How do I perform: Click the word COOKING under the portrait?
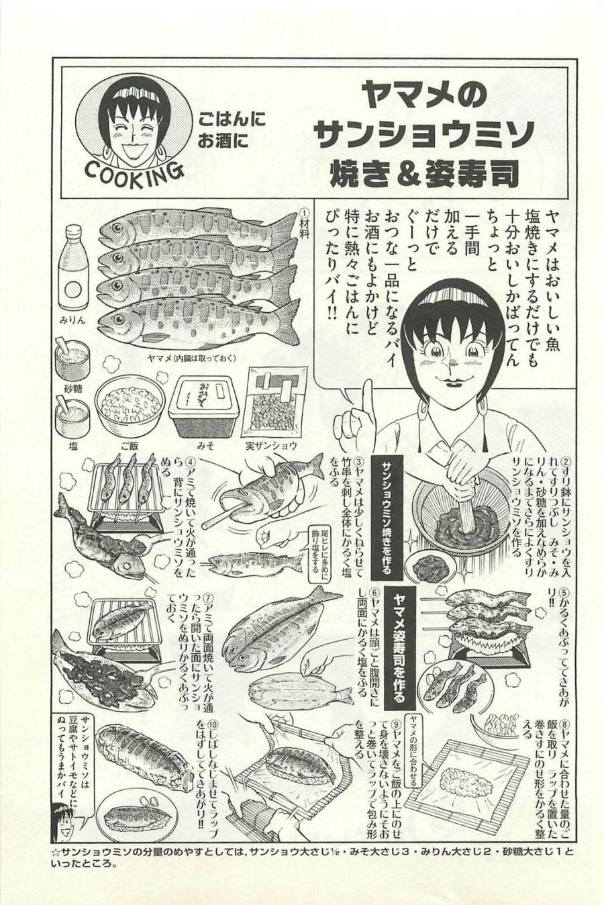[134, 174]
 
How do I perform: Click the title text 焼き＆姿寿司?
[424, 172]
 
